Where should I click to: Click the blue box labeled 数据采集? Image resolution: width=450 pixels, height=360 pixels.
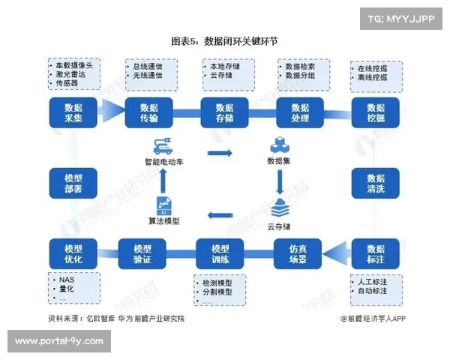point(73,112)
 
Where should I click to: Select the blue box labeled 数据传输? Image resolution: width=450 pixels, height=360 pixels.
point(148,112)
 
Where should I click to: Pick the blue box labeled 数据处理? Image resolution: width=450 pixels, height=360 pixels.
point(300,112)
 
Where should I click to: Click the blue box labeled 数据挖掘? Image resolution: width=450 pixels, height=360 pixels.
point(375,112)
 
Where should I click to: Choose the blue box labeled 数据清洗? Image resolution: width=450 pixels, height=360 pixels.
point(375,184)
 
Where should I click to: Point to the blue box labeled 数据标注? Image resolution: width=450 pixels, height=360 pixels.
point(375,254)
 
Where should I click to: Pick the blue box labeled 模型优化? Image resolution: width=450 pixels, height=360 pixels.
point(73,254)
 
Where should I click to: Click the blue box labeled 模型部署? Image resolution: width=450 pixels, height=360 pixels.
point(73,184)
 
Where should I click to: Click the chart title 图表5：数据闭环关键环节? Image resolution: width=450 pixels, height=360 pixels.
point(224,40)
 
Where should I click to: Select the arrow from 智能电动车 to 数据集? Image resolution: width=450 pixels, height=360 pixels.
point(219,153)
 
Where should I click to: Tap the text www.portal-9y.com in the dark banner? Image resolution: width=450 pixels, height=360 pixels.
point(58,341)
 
